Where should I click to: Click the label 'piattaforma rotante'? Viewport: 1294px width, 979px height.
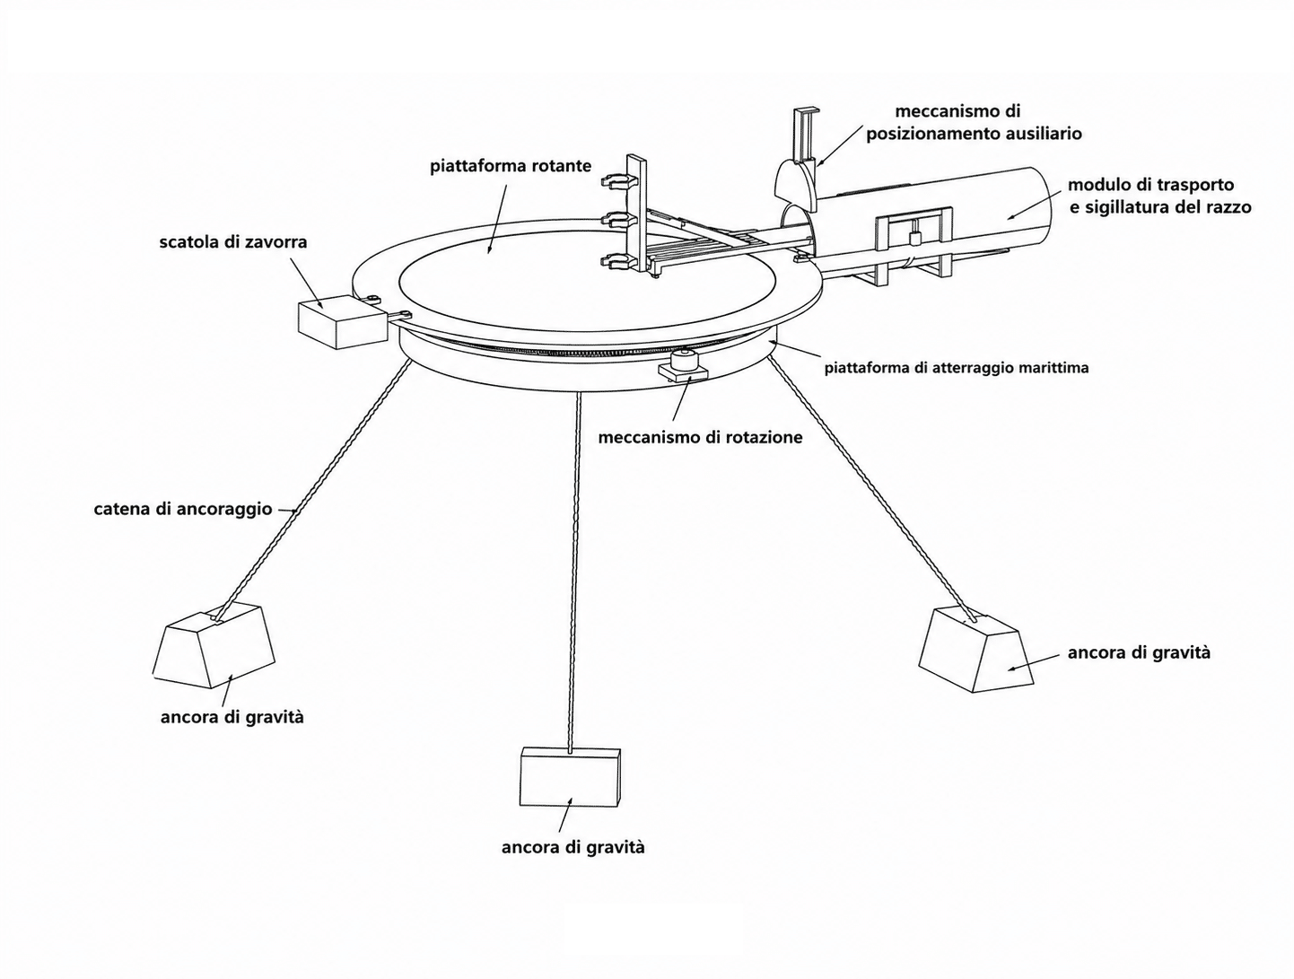[x=511, y=166]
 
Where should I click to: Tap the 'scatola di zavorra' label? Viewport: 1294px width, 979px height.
[x=232, y=241]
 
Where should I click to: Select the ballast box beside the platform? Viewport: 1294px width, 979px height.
[x=342, y=322]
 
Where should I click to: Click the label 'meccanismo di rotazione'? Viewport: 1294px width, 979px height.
[x=700, y=438]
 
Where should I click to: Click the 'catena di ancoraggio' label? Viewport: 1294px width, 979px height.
[x=183, y=510]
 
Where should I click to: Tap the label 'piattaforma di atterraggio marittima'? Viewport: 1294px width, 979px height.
[x=957, y=369]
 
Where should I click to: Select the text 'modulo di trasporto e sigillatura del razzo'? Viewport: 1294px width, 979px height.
[x=1159, y=196]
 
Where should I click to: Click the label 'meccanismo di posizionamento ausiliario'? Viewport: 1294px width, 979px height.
[x=974, y=122]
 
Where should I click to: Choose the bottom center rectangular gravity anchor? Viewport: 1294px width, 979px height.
[x=570, y=776]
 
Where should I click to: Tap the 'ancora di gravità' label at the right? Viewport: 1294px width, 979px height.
[x=1139, y=653]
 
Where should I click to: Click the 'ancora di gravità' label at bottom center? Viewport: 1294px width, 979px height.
[x=573, y=848]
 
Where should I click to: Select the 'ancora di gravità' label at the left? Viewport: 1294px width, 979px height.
[x=232, y=717]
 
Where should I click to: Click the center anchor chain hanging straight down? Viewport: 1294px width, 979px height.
[x=576, y=572]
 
